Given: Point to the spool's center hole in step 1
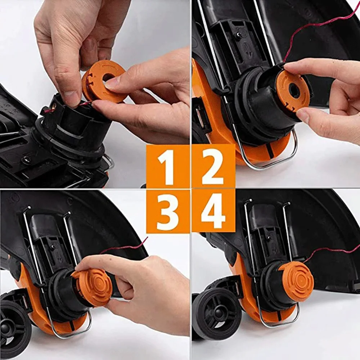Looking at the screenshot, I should (108, 77).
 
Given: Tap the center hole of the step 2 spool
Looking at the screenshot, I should (294, 91).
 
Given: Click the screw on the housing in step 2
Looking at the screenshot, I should (238, 35).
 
